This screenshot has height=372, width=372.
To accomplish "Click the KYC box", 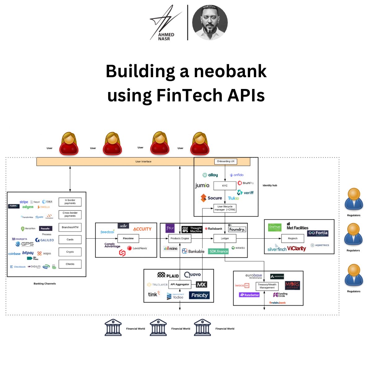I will click(225, 186).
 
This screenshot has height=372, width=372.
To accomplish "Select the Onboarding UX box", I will click(225, 162).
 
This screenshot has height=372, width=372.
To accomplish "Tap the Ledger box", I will click(225, 238).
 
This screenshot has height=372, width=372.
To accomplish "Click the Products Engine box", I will click(180, 238).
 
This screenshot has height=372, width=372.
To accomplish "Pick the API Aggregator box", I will click(180, 284).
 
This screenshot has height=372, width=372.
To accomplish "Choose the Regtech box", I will click(292, 238).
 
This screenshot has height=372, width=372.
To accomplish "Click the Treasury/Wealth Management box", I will click(267, 286).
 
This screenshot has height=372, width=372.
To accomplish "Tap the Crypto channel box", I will click(70, 252).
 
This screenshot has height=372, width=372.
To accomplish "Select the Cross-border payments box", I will click(70, 215).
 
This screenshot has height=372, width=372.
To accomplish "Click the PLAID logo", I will click(168, 275).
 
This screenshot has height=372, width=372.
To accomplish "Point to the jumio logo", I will click(202, 185).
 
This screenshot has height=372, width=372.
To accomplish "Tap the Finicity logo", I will click(199, 295).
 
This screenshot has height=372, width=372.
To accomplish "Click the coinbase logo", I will click(14, 254).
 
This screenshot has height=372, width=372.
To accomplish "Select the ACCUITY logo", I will click(142, 229).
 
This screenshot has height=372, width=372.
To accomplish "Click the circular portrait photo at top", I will click(210, 23).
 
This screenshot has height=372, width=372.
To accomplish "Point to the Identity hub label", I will click(270, 185).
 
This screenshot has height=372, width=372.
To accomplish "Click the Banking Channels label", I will click(45, 284).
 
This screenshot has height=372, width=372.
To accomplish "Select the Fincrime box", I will click(128, 238).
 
